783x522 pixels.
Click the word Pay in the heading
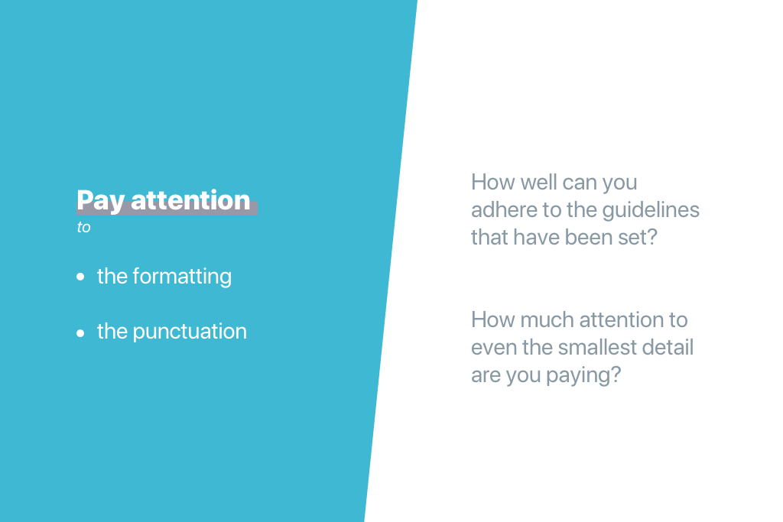[x=100, y=201]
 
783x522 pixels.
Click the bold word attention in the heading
[x=190, y=200]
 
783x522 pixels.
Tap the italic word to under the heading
[x=83, y=228]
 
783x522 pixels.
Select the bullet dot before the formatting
[x=80, y=277]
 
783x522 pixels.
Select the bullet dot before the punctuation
[x=80, y=333]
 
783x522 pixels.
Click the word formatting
[x=182, y=277]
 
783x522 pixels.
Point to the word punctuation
[x=190, y=332]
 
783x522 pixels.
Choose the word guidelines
[x=651, y=210]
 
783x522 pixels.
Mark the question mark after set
[x=651, y=237]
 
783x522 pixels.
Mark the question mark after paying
[x=616, y=374]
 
